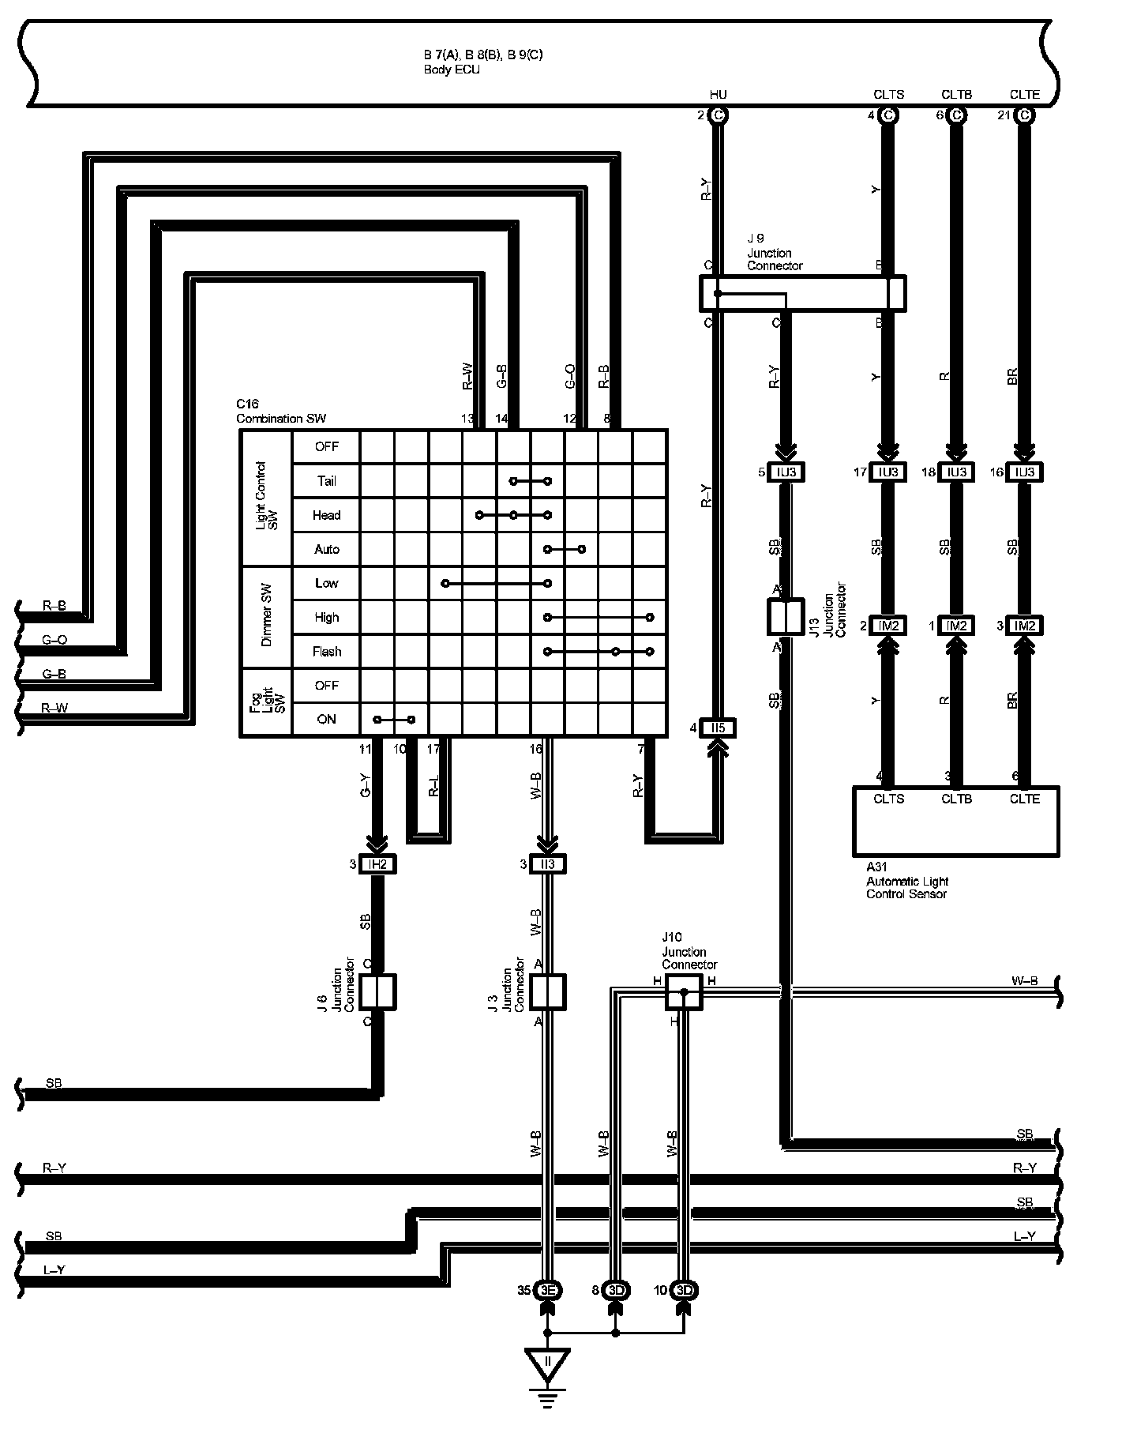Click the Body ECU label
click(x=451, y=70)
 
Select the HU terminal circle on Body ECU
click(x=718, y=115)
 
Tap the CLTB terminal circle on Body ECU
click(x=956, y=115)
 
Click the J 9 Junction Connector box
click(x=802, y=293)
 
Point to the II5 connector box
click(x=718, y=728)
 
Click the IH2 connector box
click(x=377, y=864)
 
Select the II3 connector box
click(x=547, y=864)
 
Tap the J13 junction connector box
click(x=785, y=617)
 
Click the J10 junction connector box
click(x=684, y=991)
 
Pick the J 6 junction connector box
click(x=377, y=992)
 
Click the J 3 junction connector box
click(x=547, y=992)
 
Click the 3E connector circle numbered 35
click(x=548, y=1291)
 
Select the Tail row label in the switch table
click(x=326, y=480)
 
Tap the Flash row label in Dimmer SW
click(x=326, y=652)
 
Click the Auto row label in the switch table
click(x=326, y=549)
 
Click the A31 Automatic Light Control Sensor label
click(x=906, y=881)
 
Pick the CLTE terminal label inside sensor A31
click(x=1024, y=799)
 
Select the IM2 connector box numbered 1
click(x=956, y=626)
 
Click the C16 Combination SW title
click(x=280, y=412)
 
